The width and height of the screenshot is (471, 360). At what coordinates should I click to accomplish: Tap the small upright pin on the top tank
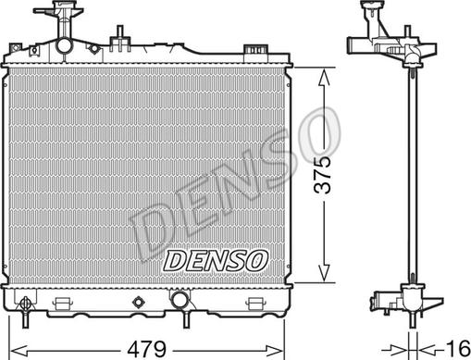[x=118, y=38]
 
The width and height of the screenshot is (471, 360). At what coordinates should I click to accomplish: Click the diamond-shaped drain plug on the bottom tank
[x=139, y=302]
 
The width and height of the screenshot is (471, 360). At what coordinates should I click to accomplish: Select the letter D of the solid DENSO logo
[x=176, y=262]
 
